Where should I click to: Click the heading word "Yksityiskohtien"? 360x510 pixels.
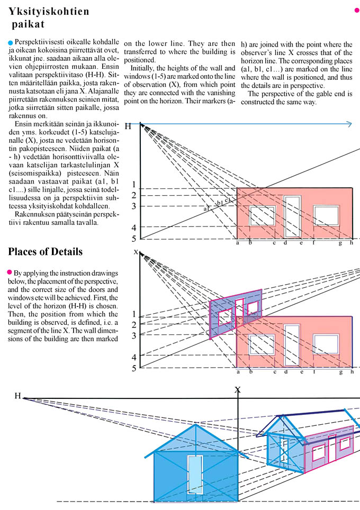49,12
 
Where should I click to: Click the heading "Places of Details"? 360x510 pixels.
46,251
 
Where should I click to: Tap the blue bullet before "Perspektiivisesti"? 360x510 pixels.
11,42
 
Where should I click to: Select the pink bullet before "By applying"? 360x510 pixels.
10,271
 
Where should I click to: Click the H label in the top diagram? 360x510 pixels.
128,126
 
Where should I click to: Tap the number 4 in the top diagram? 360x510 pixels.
134,227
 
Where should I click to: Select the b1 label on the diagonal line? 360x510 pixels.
220,203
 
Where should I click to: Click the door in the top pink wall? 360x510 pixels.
292,217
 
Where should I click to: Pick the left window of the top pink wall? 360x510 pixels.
263,216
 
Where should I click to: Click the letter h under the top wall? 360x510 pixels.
352,243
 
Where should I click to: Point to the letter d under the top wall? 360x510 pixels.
285,243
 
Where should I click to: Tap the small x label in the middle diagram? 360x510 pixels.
136,252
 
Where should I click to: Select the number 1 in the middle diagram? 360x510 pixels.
134,314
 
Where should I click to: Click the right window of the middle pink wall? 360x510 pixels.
326,344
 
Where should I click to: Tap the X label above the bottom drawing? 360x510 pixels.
238,390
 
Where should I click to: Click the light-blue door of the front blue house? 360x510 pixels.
195,476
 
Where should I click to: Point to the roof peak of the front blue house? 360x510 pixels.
197,424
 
